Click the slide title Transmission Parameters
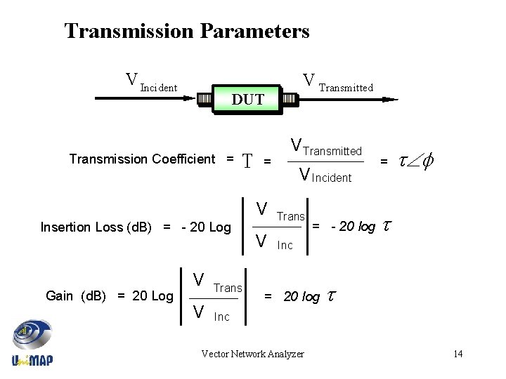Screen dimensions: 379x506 [186, 32]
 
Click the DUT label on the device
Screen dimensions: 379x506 [248, 100]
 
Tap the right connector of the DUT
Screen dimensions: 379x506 [290, 100]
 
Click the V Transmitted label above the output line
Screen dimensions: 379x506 [337, 83]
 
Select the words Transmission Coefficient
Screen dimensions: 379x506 [142, 159]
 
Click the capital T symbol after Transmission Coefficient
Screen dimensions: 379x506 [247, 161]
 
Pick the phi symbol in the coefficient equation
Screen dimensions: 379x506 [427, 161]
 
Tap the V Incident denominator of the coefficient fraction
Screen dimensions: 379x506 [325, 175]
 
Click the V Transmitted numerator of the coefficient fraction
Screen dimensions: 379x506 [326, 148]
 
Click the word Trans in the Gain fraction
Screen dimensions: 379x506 [227, 288]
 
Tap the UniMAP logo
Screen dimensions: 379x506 [32, 344]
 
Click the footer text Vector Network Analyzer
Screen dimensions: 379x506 [252, 354]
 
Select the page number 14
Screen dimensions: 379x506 [458, 354]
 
